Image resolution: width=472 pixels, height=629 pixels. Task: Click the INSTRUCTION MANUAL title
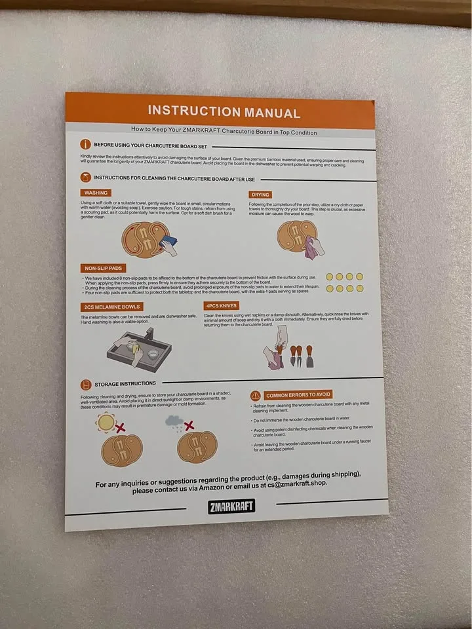click(224, 111)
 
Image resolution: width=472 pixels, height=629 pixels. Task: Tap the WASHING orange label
click(96, 193)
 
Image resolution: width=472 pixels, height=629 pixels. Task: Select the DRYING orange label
click(260, 195)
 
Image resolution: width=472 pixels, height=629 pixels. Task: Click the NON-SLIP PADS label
click(104, 268)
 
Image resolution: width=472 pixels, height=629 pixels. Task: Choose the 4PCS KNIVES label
click(221, 306)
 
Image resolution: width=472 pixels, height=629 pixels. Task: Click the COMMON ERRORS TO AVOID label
click(298, 395)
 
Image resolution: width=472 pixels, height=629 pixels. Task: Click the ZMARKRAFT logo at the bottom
click(231, 506)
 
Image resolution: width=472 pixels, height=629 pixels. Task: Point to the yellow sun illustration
click(105, 423)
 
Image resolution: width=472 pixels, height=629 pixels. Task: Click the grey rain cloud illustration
click(174, 421)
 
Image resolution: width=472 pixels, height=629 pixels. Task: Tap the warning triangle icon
click(256, 396)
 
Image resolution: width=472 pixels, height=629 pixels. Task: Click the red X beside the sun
click(121, 427)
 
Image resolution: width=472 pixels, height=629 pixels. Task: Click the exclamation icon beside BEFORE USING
click(85, 144)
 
